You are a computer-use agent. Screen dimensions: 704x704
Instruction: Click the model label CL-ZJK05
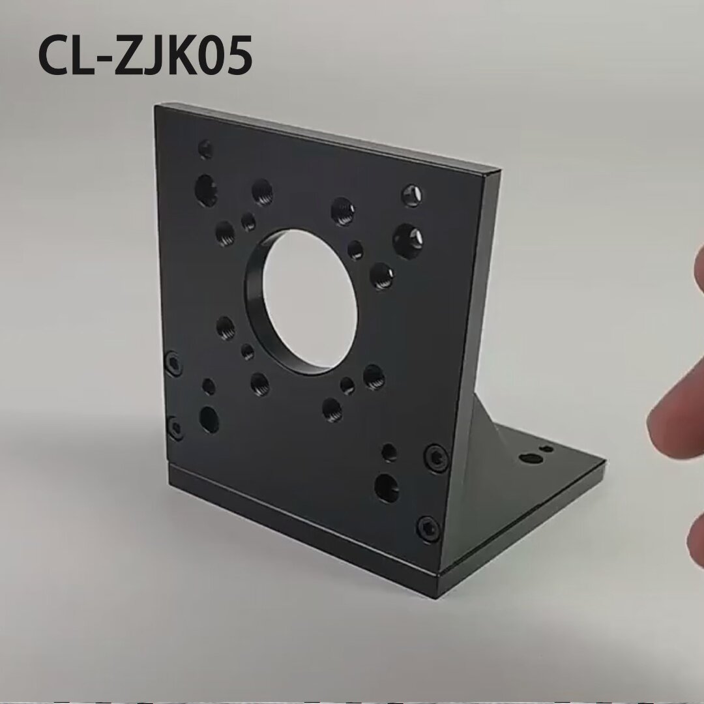coord(145,55)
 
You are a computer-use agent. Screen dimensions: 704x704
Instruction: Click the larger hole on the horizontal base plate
coord(531,458)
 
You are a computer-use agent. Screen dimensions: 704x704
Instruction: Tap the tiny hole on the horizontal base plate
coord(548,448)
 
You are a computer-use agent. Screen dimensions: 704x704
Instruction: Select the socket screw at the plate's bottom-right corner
coord(428,528)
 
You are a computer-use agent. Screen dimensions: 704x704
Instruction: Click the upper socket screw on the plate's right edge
coord(436,458)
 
